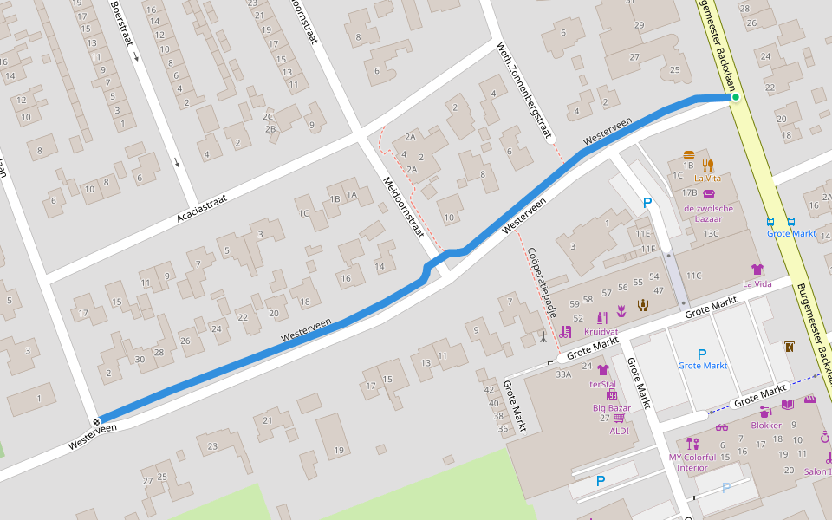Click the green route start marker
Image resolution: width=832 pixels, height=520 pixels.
click(735, 97)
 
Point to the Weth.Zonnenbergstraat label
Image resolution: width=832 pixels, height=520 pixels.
click(524, 90)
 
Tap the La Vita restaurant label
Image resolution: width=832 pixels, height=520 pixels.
click(708, 179)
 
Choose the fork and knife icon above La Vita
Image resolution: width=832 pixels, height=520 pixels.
click(708, 165)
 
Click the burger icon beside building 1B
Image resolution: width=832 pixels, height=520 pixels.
click(689, 155)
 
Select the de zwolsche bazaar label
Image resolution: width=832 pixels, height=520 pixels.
click(708, 213)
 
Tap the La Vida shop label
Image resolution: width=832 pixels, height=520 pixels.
click(757, 283)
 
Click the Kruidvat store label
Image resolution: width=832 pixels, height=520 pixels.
click(600, 332)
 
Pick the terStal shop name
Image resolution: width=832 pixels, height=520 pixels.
click(602, 384)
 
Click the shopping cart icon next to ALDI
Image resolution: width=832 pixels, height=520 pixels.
click(619, 418)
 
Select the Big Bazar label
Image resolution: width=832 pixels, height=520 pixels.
click(612, 407)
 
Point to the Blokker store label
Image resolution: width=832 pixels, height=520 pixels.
click(766, 425)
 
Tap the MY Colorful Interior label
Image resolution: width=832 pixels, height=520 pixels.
click(692, 462)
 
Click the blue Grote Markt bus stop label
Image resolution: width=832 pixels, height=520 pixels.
click(790, 233)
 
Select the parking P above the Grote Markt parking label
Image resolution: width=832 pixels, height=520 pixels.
click(702, 353)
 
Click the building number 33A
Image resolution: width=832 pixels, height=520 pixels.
click(563, 374)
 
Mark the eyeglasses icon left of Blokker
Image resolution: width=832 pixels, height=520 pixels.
click(722, 426)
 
